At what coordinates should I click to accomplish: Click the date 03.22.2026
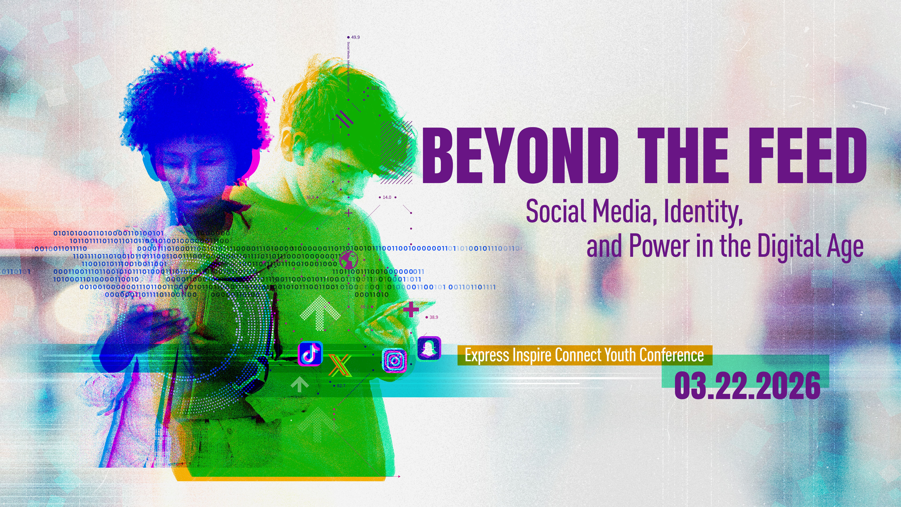(x=747, y=386)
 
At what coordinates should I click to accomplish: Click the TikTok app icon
(x=310, y=354)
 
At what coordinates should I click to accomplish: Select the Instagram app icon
(x=394, y=360)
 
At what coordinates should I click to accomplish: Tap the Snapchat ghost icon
(x=429, y=349)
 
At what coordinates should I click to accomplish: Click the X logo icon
(x=340, y=365)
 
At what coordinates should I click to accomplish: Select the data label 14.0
(x=387, y=197)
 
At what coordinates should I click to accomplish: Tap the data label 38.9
(x=433, y=317)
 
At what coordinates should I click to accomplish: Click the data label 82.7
(x=341, y=386)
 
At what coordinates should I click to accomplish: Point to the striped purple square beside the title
(x=396, y=152)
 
